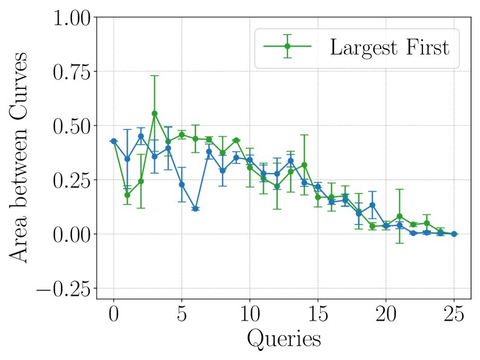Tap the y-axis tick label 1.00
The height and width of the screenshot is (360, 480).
(x=73, y=18)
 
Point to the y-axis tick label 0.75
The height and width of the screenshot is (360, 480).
(x=73, y=72)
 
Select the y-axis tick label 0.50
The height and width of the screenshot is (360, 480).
(x=73, y=126)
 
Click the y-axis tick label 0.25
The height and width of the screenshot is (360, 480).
(x=73, y=180)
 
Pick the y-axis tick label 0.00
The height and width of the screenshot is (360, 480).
(x=73, y=234)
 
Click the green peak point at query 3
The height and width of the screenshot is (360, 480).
(x=154, y=113)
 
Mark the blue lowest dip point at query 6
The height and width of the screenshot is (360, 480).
(x=195, y=208)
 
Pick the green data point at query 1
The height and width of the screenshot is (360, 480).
(x=127, y=195)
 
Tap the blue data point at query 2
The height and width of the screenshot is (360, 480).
(x=140, y=136)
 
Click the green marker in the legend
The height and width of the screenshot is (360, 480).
(x=288, y=47)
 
